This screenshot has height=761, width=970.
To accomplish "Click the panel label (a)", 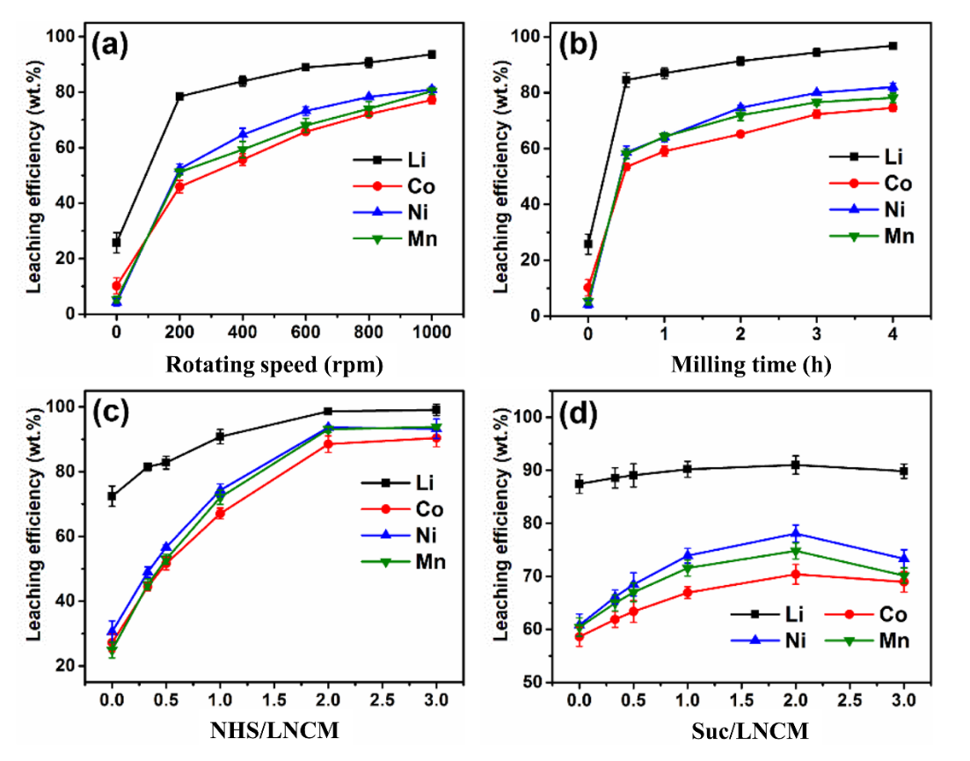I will click(x=120, y=45).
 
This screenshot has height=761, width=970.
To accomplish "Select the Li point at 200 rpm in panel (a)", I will click(x=179, y=96).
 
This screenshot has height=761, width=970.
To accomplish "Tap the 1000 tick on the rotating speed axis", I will click(x=432, y=332).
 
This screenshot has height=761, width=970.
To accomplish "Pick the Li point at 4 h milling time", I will click(x=893, y=46).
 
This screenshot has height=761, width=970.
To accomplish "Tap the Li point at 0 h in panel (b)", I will click(x=587, y=244).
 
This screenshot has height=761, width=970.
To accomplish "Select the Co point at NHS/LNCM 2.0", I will click(x=328, y=444).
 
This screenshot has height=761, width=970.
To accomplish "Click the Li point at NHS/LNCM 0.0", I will click(x=112, y=496).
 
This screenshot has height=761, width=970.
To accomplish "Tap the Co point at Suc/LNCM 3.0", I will click(x=903, y=582).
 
